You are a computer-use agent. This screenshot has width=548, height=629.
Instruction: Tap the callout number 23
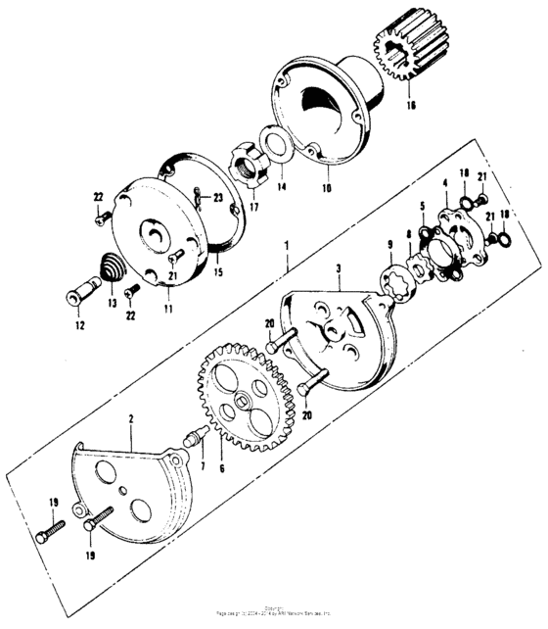coord(216,198)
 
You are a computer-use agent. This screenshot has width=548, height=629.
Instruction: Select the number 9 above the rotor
coord(389,244)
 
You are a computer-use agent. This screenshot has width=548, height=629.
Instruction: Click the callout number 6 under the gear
coord(221,470)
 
